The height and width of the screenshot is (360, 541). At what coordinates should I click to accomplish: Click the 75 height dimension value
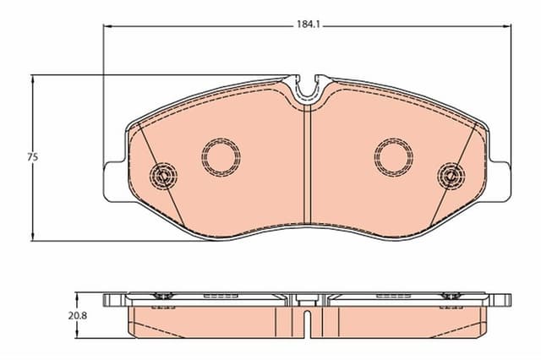33,157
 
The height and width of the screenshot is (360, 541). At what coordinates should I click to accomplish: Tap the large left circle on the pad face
221,155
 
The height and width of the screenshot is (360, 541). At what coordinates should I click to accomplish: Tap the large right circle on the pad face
394,155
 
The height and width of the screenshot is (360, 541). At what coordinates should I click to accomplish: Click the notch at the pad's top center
308,87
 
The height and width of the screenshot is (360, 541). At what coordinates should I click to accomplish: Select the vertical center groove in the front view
308,169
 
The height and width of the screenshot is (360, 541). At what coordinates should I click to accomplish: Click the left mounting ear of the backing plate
111,181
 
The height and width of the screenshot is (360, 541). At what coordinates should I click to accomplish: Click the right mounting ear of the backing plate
504,181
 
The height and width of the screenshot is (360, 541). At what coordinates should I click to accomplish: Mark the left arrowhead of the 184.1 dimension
107,26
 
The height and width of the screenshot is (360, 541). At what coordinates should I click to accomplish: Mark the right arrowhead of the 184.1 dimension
509,26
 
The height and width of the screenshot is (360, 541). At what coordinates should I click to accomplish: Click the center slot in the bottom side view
308,321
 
